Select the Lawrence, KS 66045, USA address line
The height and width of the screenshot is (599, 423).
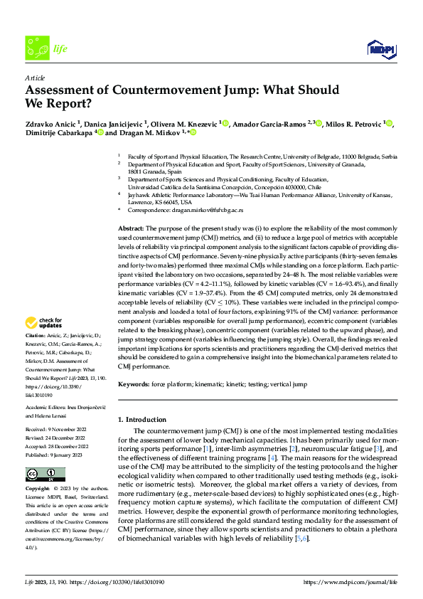pyautogui.click(x=161, y=201)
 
